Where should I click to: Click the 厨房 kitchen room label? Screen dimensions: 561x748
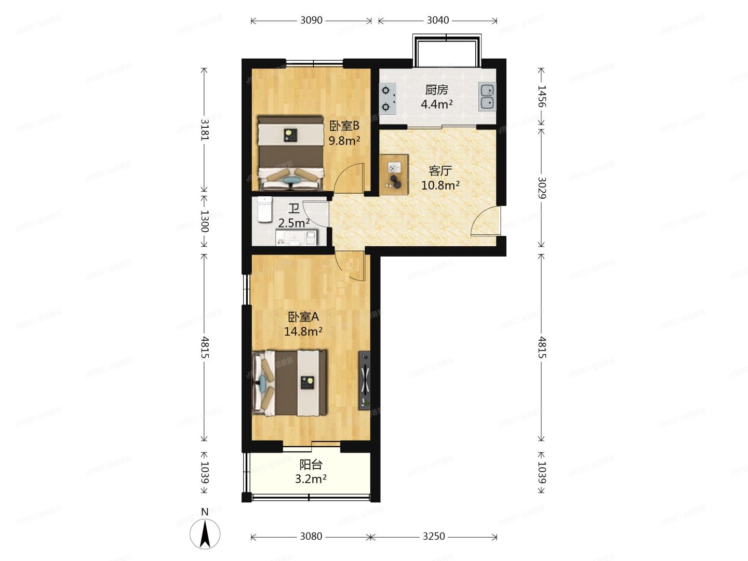click(x=436, y=90)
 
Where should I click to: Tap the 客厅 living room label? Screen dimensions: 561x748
click(x=440, y=170)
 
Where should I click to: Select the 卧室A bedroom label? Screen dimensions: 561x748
click(x=303, y=317)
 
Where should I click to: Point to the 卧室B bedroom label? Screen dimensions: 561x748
click(x=344, y=126)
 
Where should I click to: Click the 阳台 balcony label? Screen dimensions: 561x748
click(x=311, y=464)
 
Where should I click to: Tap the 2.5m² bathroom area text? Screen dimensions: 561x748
click(x=293, y=223)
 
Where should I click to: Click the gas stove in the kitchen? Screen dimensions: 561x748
click(x=388, y=99)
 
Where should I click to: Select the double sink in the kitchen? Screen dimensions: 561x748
click(x=487, y=97)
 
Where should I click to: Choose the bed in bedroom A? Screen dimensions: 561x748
click(x=289, y=383)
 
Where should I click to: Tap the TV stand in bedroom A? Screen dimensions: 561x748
click(x=365, y=380)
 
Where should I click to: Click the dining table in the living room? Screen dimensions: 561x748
click(x=394, y=175)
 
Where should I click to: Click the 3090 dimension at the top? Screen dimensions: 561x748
click(x=311, y=21)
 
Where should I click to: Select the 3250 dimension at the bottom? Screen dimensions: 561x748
click(x=434, y=537)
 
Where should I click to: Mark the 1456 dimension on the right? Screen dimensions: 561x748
click(x=541, y=97)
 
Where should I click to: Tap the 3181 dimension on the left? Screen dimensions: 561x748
click(x=204, y=130)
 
